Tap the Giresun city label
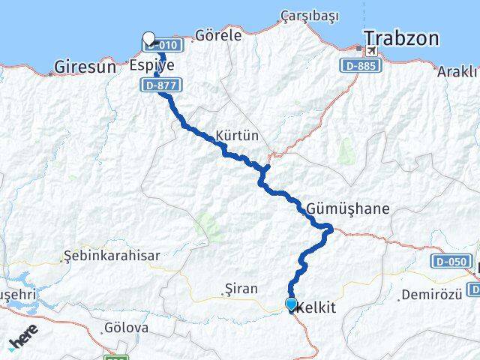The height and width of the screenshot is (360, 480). pyautogui.click(x=85, y=67)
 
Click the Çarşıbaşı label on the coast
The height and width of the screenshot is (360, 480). pyautogui.click(x=310, y=16)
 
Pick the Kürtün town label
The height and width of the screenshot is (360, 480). pyautogui.click(x=236, y=136)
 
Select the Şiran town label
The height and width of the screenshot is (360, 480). pyautogui.click(x=241, y=289)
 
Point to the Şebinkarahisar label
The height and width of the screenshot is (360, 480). pyautogui.click(x=112, y=255)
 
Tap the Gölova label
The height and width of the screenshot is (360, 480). pyautogui.click(x=127, y=328)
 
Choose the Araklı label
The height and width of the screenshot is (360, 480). pyautogui.click(x=458, y=72)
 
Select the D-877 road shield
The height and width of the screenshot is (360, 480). pyautogui.click(x=157, y=85)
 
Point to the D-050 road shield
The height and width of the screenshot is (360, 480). pyautogui.click(x=449, y=261)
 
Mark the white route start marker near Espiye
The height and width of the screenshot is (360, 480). pyautogui.click(x=148, y=38)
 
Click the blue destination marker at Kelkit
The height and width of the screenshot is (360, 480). pyautogui.click(x=291, y=304)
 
